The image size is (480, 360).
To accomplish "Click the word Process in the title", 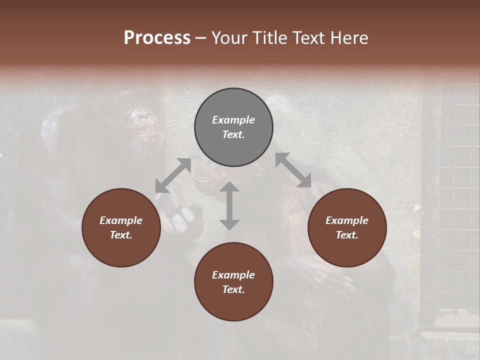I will (157, 37).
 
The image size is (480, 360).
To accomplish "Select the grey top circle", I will (233, 127).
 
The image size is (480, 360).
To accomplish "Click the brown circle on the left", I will (121, 227).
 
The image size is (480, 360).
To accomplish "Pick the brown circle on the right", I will (347, 227).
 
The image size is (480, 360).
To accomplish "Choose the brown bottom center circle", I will (233, 282).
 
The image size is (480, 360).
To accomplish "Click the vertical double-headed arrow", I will (229, 205).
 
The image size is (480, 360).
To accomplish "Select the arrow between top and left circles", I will (173, 175).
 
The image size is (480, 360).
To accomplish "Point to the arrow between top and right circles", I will (293, 170).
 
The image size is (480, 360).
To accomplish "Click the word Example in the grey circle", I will (233, 120).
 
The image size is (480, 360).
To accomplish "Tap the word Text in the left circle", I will (121, 235).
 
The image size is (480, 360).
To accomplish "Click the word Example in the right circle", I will (347, 220).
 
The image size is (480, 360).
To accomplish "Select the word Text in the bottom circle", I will (233, 290).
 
